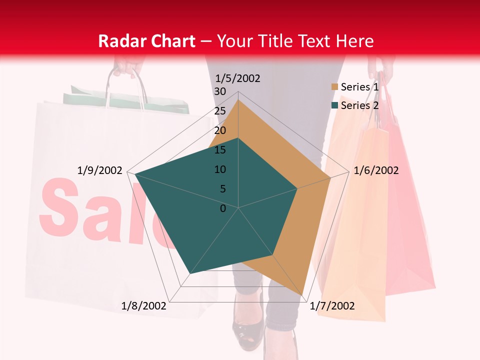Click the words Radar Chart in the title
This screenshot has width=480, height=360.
click(146, 41)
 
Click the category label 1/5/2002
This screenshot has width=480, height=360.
click(237, 78)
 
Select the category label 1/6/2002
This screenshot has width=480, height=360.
click(376, 170)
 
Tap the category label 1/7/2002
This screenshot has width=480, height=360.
click(332, 306)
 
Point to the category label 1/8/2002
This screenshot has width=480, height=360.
click(144, 306)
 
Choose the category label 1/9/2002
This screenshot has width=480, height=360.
click(100, 170)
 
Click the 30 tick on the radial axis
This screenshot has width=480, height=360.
click(219, 91)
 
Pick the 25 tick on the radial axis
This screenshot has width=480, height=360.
click(219, 111)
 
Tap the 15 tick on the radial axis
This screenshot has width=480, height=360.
click(219, 150)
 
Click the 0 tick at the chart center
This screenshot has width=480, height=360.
click(223, 208)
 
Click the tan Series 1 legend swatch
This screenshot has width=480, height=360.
click(334, 87)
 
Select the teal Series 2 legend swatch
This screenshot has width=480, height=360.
click(334, 105)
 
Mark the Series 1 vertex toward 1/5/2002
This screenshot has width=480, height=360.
click(238, 99)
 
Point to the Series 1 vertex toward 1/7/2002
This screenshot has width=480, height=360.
click(302, 295)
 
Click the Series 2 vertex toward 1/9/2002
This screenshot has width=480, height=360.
click(135, 174)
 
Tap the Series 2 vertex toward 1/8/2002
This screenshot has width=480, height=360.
click(190, 274)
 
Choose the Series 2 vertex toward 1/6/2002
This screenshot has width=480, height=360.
click(297, 188)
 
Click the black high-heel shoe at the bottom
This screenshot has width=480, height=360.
click(246, 332)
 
